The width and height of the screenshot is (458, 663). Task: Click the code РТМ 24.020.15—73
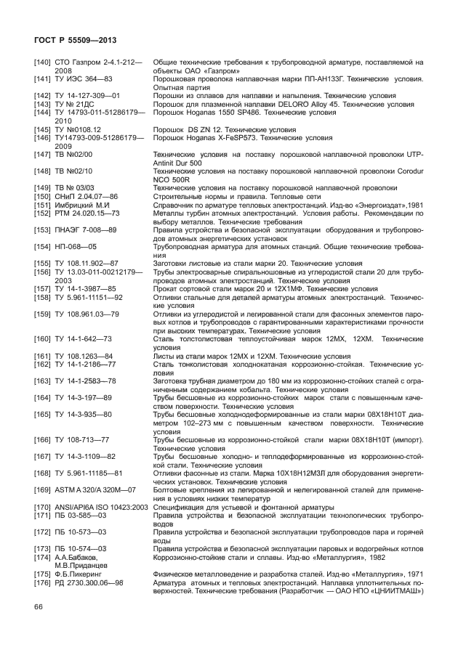pyautogui.click(x=87, y=213)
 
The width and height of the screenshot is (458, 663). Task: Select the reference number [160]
pyautogui.click(x=44, y=339)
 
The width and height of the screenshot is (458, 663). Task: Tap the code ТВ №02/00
pyautogui.click(x=73, y=154)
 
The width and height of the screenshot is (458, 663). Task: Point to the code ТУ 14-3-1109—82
pyautogui.click(x=84, y=457)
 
